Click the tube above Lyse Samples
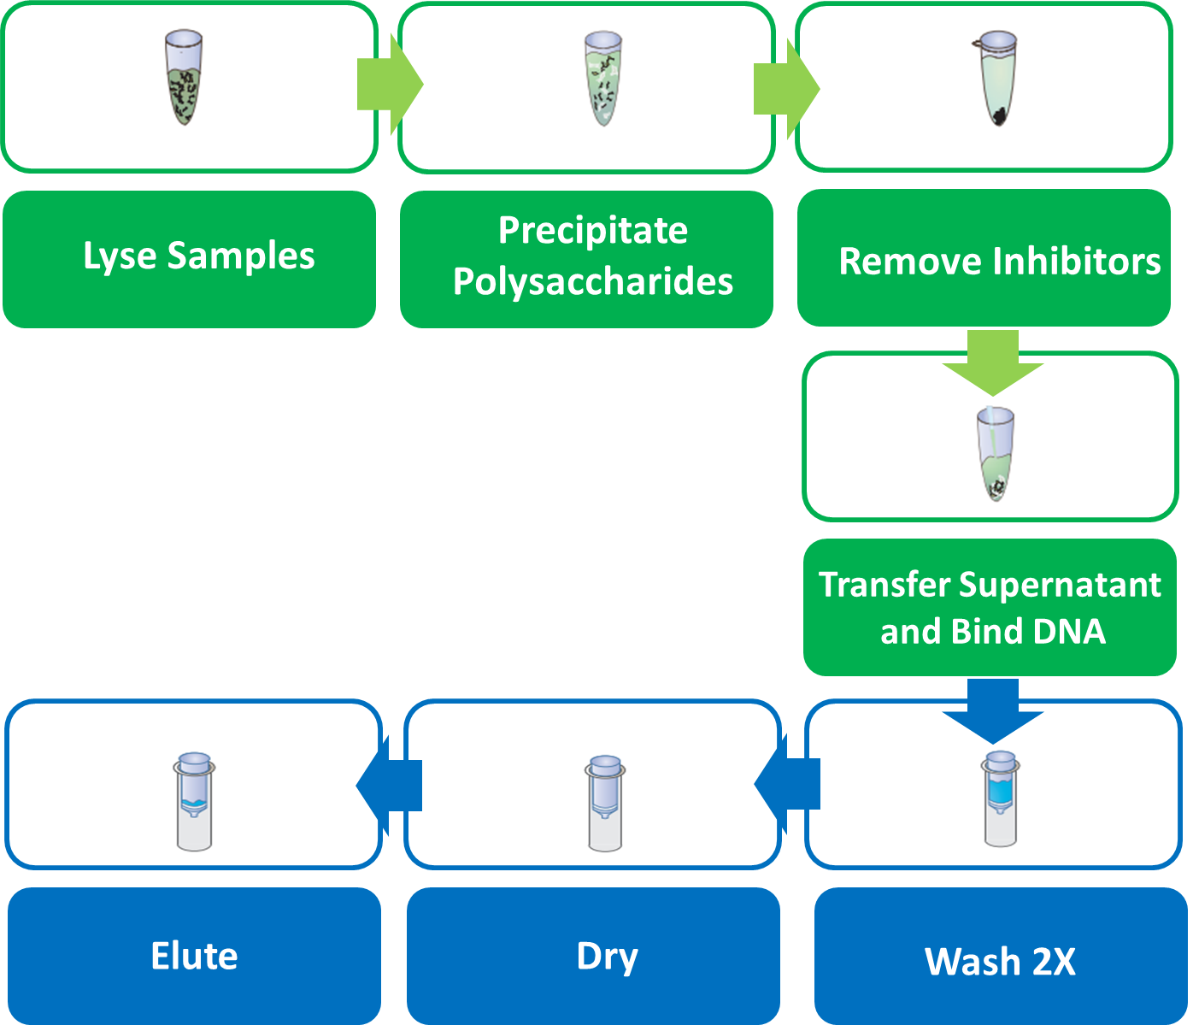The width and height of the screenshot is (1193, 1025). pyautogui.click(x=184, y=78)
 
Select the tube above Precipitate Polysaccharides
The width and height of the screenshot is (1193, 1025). pyautogui.click(x=603, y=79)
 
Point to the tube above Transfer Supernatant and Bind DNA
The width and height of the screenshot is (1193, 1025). pyautogui.click(x=996, y=453)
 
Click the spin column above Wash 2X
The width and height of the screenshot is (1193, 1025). pyautogui.click(x=1000, y=798)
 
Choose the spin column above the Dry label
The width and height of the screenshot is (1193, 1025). pyautogui.click(x=605, y=803)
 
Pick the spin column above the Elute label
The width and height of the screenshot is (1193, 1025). pyautogui.click(x=194, y=801)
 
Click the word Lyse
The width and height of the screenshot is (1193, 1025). pyautogui.click(x=120, y=256)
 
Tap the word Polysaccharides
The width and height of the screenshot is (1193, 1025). pyautogui.click(x=593, y=282)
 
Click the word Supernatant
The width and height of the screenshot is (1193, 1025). pyautogui.click(x=1061, y=585)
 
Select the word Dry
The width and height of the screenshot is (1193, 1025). pyautogui.click(x=607, y=957)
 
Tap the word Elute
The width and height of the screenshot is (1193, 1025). pyautogui.click(x=194, y=956)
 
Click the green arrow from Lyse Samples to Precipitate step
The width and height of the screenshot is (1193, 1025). pyautogui.click(x=391, y=85)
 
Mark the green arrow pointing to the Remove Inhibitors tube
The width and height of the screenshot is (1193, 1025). pyautogui.click(x=787, y=89)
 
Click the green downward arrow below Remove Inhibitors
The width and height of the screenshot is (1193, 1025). pyautogui.click(x=993, y=363)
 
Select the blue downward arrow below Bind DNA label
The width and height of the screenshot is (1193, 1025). pyautogui.click(x=993, y=711)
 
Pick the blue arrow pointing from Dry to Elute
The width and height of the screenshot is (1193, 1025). pyautogui.click(x=389, y=786)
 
